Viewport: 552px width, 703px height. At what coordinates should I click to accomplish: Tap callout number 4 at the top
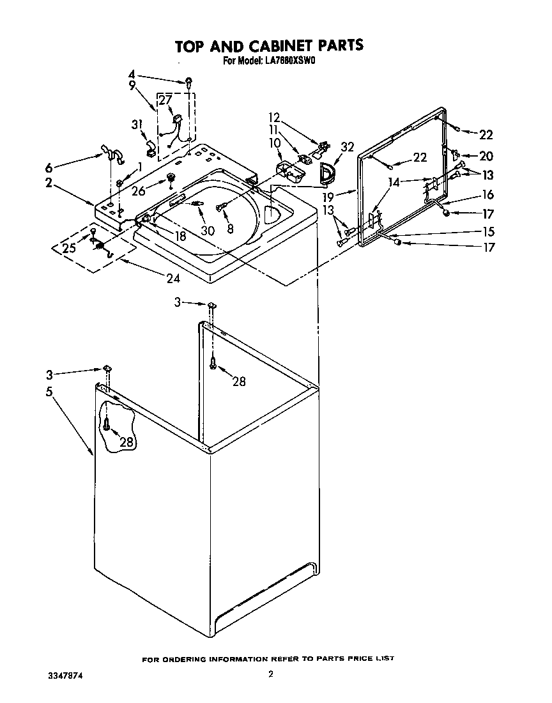[132, 73]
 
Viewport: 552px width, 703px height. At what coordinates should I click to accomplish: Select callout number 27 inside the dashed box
[165, 100]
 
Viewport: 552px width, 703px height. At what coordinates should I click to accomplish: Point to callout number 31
[136, 125]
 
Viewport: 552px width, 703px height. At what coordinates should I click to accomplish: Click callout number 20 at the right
[486, 155]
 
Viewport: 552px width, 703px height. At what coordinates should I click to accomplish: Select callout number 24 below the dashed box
[173, 278]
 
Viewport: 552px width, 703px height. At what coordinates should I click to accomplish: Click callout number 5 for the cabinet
[49, 392]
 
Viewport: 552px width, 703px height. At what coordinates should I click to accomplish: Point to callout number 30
[208, 231]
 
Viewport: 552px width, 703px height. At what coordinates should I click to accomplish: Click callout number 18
[181, 236]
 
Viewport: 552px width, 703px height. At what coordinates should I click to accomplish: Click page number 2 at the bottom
[271, 674]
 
